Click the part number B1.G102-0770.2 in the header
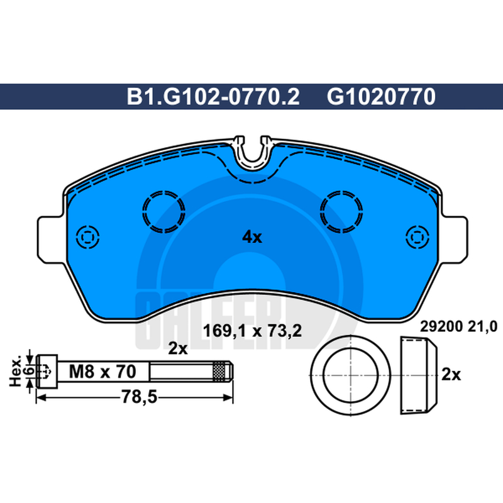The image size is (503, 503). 213,97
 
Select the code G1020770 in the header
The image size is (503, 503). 381,97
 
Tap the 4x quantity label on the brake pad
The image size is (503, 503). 252,237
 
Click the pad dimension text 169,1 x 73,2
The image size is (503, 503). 253,331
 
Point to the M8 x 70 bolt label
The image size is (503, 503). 102,372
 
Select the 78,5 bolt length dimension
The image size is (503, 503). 139,397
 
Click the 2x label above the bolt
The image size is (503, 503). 178,348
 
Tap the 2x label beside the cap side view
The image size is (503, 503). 451,374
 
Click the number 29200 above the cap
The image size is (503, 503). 441,327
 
